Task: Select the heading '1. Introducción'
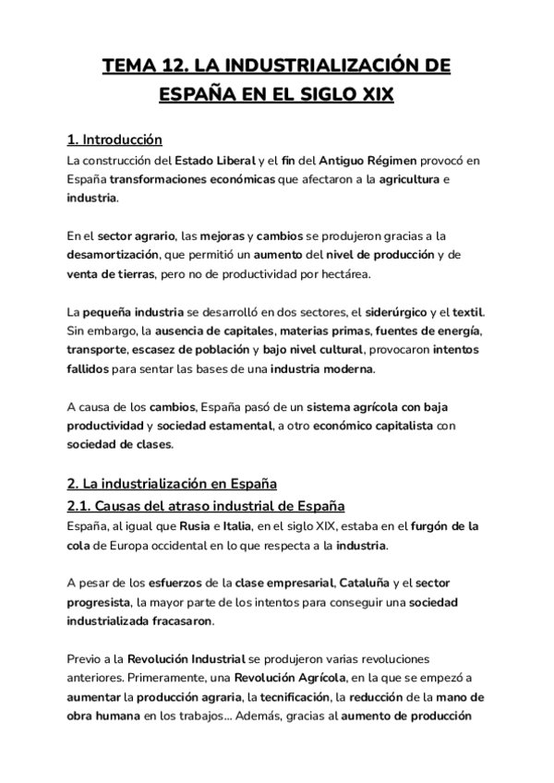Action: coord(115,140)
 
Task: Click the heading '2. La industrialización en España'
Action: coord(172,484)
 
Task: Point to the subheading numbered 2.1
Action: coord(206,506)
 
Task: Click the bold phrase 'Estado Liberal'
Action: coord(215,161)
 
